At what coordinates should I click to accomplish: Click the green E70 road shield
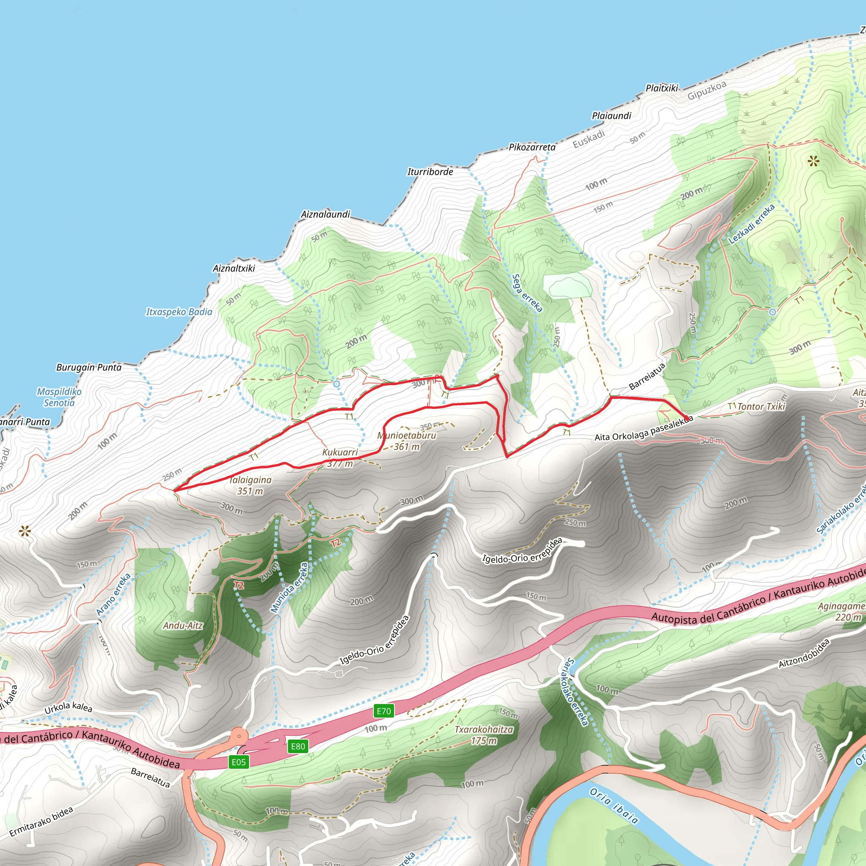(384, 711)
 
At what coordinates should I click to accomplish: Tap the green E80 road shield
(298, 746)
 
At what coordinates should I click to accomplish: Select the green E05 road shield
(238, 762)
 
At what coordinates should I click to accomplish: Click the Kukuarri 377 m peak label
(340, 458)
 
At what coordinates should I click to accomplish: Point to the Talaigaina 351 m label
(250, 485)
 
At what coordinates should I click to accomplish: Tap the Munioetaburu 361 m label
(406, 441)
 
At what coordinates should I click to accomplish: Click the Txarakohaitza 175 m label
(484, 735)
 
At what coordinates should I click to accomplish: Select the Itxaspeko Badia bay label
(179, 312)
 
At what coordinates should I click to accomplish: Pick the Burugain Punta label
(89, 367)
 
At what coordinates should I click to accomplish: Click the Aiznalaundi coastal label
(326, 214)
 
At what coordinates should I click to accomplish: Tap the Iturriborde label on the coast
(430, 172)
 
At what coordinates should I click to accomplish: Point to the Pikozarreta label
(532, 147)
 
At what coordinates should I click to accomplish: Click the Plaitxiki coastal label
(662, 88)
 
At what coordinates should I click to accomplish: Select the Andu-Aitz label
(183, 625)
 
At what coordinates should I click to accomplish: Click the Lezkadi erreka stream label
(751, 224)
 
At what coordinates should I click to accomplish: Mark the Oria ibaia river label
(614, 806)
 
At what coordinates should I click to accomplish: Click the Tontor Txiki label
(761, 406)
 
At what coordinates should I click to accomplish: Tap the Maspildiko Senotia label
(59, 397)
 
